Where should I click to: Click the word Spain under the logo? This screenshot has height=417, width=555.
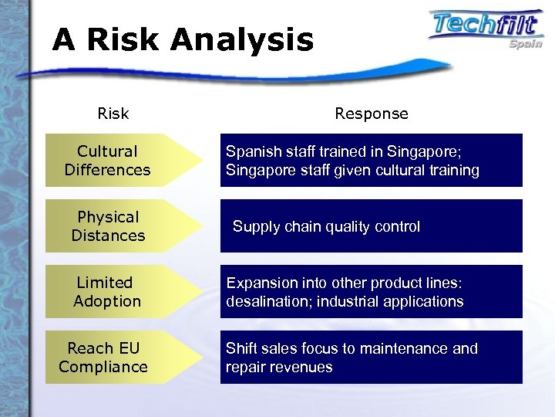point(525,44)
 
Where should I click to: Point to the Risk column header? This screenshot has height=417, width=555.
point(113,114)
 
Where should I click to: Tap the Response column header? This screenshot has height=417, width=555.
point(372,114)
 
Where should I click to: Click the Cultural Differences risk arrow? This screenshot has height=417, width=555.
point(116,161)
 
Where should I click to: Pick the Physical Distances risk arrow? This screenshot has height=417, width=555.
point(116,226)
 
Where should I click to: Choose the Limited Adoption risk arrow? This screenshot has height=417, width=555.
point(116,292)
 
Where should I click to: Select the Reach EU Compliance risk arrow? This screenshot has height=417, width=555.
point(116,358)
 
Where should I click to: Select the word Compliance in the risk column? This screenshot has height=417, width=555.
point(103,367)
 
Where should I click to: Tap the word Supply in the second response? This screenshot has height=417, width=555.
point(254,226)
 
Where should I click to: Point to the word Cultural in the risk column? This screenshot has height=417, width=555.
point(108,151)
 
